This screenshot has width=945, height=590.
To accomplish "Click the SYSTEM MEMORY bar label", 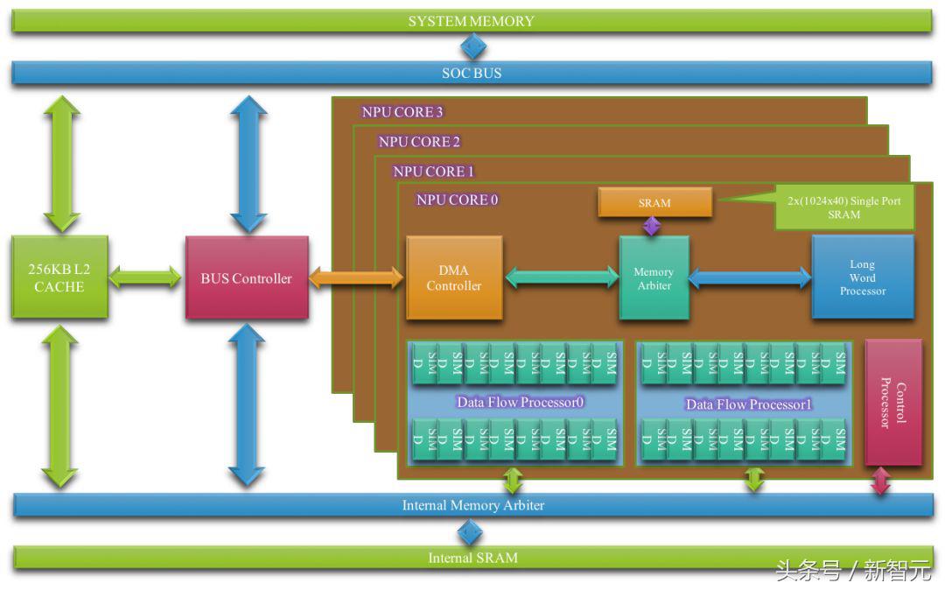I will coord(471,21).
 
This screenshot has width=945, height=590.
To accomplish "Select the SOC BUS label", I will coord(472,74).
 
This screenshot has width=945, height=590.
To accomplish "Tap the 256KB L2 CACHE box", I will coord(59,277).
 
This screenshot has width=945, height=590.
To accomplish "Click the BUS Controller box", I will coord(247,278).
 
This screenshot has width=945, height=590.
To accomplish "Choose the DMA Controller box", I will coord(454,278).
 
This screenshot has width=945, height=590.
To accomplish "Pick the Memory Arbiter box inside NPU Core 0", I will coord(654,278).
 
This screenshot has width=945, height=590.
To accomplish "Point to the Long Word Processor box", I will coord(863,277).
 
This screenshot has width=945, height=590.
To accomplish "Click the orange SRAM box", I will coord(654,203).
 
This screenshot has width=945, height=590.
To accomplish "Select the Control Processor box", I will coord(893,403).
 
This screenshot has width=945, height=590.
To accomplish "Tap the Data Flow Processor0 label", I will coord(520,403).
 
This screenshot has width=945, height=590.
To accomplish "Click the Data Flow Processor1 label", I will coord(749,404).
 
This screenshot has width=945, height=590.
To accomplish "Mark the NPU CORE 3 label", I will coord(402,112).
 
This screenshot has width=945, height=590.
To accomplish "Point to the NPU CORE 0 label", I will coord(457,200).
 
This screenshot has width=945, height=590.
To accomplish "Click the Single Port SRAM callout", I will coord(843,207).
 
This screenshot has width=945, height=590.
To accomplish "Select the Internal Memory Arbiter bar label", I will coord(472,505).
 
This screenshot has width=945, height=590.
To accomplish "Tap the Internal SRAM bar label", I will coord(472,558).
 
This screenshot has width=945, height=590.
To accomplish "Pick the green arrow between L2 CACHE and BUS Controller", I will coord(146,278).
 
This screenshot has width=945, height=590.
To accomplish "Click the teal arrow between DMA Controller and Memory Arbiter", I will coord(562,278).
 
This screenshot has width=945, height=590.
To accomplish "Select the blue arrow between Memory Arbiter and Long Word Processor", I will coord(750,278).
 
